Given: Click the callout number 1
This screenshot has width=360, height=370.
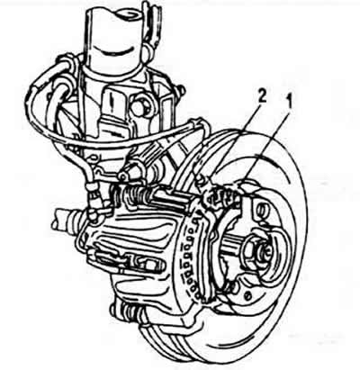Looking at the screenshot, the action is pos(288,102).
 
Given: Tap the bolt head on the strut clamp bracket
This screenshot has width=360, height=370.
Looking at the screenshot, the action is pos(140,105).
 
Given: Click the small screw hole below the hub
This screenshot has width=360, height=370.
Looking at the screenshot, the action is pos(247,295).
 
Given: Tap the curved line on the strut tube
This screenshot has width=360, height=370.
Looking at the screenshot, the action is pos(116,51).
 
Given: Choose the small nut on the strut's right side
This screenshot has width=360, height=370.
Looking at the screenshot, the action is pos(181,89).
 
